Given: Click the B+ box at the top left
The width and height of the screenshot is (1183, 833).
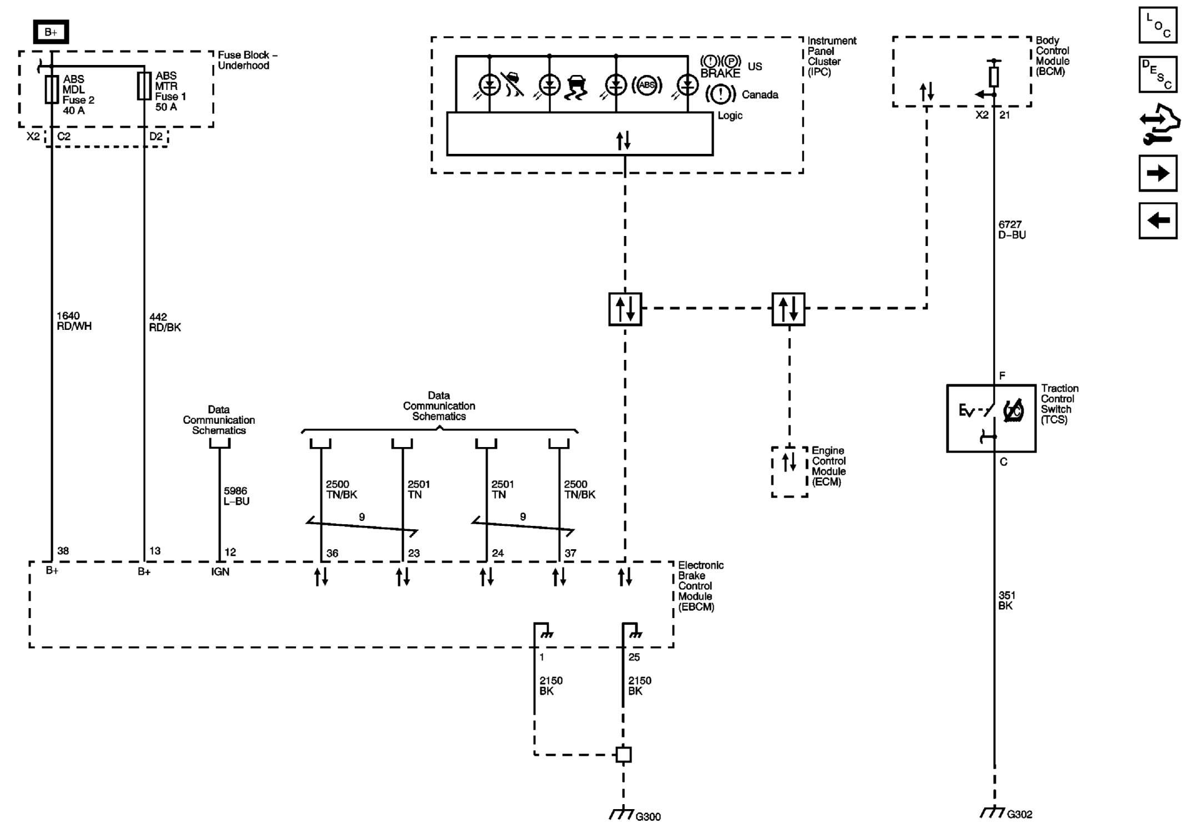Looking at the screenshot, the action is click(x=51, y=32).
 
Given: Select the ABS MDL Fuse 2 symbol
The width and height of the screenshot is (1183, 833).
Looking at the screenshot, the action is click(x=52, y=89).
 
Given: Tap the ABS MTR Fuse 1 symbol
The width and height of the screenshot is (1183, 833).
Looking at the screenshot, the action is click(x=144, y=86).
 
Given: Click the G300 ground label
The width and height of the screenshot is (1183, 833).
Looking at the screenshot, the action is click(x=648, y=816).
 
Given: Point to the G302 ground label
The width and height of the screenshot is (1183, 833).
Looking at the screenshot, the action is click(x=1020, y=814).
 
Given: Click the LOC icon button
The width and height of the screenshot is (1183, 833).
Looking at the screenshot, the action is click(x=1157, y=25).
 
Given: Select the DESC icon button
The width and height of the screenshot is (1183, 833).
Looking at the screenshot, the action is click(x=1157, y=74).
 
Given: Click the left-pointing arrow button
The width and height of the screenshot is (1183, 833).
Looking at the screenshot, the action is click(x=1157, y=221).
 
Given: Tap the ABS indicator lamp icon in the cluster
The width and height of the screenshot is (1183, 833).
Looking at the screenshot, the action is click(x=646, y=85).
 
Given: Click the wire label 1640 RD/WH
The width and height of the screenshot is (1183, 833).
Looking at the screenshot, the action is click(x=74, y=321).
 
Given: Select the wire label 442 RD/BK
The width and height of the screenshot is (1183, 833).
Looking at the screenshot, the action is click(x=165, y=322).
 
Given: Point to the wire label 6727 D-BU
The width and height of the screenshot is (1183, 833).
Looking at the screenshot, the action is click(x=1012, y=229).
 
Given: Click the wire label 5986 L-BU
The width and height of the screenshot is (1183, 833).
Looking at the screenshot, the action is click(x=237, y=496).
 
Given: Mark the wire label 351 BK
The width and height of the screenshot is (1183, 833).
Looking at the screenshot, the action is click(x=1006, y=600).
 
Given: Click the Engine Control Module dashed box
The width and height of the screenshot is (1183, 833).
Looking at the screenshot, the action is click(x=789, y=471).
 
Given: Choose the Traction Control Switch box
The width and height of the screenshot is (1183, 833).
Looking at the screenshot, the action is click(x=991, y=418).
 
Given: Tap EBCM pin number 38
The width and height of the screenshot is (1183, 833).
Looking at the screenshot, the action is click(x=63, y=551).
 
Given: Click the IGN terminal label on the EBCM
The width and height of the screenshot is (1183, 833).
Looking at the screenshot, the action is click(x=220, y=571).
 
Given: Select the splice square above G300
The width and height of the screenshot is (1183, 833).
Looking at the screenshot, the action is click(x=624, y=755).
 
